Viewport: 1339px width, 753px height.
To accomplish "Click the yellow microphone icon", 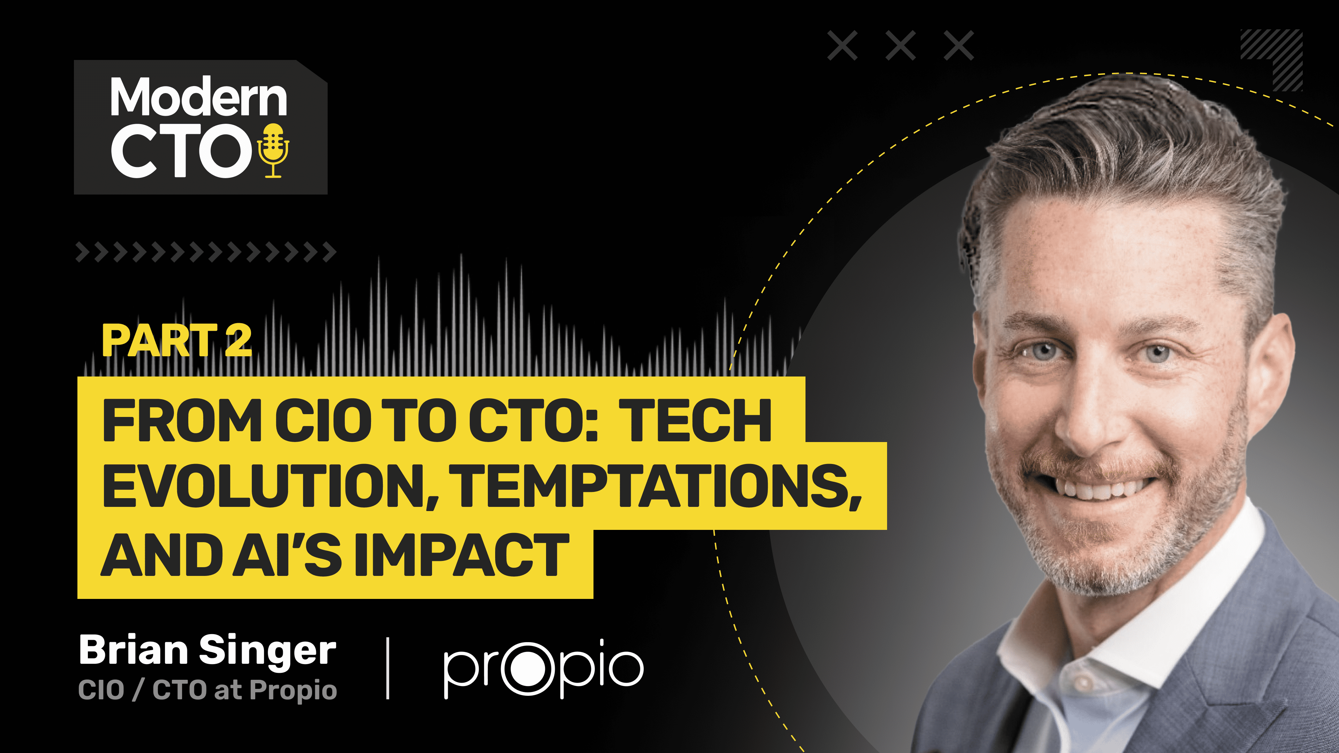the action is pos(273,151).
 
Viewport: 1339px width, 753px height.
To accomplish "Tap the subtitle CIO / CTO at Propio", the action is pos(207,690).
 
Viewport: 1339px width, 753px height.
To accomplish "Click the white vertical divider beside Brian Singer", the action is pos(388,668).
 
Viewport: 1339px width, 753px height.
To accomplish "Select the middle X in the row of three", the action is pos(900,46).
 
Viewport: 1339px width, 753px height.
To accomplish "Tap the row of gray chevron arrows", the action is pos(206,252).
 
